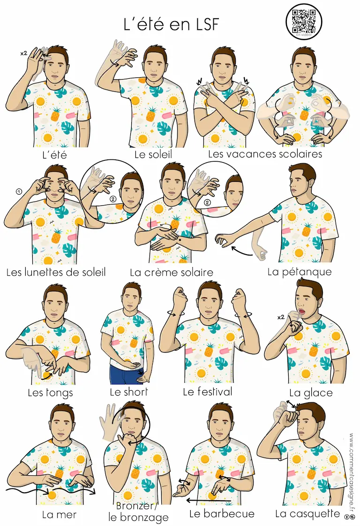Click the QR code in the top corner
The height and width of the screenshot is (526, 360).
coord(304,21)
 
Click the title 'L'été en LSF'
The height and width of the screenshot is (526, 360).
coord(171,24)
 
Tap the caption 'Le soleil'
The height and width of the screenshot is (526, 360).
coord(153,154)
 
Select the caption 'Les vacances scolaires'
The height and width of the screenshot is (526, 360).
coord(265,154)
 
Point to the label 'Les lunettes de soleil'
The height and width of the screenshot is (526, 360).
coord(56,272)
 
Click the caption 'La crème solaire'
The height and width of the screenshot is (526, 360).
coord(172,272)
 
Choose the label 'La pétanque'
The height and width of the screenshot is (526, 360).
coord(299,272)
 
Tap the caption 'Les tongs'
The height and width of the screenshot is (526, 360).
coord(50,392)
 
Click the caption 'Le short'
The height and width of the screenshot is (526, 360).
coord(129,392)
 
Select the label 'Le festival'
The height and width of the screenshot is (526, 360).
coord(207,391)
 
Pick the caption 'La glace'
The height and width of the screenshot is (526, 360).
coord(311,392)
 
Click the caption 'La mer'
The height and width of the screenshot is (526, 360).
coord(60,515)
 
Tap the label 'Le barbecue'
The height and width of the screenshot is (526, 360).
coord(222,514)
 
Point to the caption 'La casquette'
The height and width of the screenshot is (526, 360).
coord(307,514)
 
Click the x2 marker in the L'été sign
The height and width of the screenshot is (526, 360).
coord(23,53)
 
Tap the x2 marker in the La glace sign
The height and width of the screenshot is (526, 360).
coord(281,317)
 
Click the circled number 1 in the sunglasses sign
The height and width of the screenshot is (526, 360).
coord(19,192)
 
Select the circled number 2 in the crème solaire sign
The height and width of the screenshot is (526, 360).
coord(207,203)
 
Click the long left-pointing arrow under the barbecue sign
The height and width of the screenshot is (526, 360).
coord(208,501)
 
